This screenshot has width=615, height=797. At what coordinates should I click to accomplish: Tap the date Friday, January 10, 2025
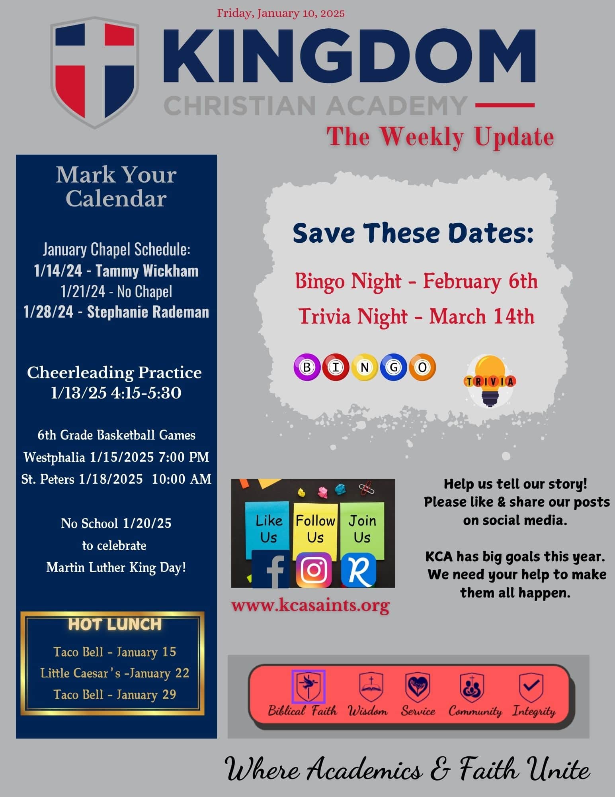point(281,13)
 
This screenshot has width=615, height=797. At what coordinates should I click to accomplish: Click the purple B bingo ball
point(307,367)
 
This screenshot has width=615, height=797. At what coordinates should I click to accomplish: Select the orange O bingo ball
point(422,367)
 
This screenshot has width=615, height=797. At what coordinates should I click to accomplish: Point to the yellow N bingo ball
point(365,367)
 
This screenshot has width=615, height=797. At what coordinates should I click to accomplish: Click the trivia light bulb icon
point(490,381)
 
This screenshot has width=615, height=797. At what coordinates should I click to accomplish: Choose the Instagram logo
point(314,570)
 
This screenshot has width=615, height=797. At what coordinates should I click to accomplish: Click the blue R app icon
point(359,570)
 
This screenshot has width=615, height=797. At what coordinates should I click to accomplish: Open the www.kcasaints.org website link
point(310,605)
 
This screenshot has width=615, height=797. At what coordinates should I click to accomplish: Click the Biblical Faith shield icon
point(308,686)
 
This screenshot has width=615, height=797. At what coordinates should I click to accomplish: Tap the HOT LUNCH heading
point(115,624)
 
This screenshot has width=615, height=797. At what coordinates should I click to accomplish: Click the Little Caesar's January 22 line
point(115,673)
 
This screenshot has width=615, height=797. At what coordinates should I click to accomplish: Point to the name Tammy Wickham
point(147,271)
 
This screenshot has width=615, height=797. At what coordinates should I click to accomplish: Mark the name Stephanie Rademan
point(148,312)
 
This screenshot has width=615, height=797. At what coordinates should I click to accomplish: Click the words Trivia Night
point(353,317)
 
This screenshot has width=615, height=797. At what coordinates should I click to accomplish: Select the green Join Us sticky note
point(362,528)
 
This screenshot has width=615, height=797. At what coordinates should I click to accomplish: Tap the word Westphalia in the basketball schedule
point(55,457)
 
